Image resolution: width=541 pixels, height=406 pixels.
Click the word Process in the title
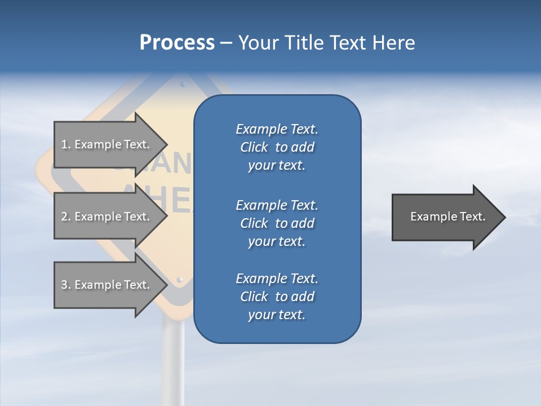(177, 43)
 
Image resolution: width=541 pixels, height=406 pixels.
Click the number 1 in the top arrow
(64, 144)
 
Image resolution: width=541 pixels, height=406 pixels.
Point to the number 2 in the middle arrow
(64, 217)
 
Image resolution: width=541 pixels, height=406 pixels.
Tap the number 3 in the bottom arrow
(64, 285)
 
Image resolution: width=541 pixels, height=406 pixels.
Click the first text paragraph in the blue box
(277, 147)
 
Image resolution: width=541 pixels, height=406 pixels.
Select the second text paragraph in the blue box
(277, 223)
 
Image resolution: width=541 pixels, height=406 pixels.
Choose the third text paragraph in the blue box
(277, 297)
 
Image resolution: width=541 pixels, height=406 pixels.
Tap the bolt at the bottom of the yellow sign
(180, 279)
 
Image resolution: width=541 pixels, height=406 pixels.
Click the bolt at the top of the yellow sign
(182, 85)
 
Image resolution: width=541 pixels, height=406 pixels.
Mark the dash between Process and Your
(226, 43)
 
